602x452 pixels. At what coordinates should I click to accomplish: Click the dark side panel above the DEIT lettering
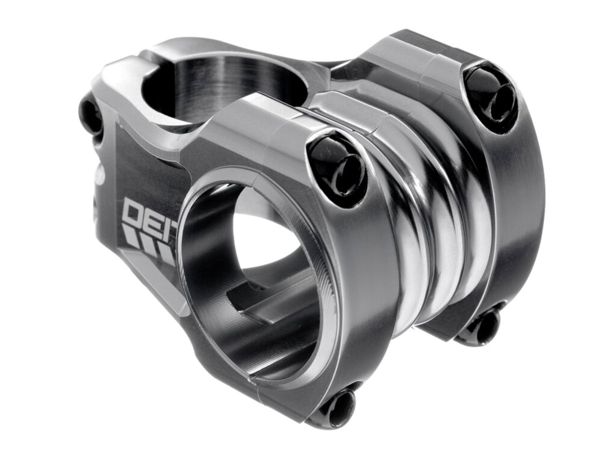tap(150, 169)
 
